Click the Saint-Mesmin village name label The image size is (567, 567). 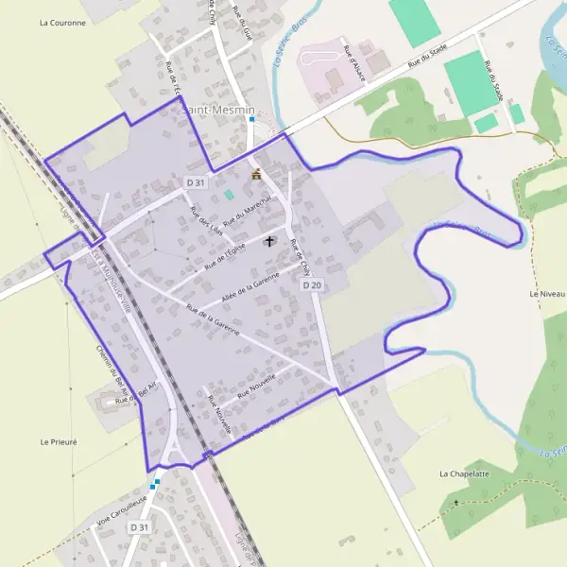(216, 110)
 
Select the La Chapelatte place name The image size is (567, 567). (464, 472)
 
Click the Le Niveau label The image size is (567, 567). (547, 295)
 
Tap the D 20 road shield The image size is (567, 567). (312, 284)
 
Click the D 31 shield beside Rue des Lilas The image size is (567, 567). (196, 182)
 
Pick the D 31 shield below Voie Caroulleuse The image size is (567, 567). (140, 526)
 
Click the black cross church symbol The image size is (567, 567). (269, 241)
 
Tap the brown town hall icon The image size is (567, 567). (255, 174)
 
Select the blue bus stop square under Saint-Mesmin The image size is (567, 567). (252, 120)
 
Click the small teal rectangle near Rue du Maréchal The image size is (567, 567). (228, 195)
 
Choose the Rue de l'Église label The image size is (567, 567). (223, 254)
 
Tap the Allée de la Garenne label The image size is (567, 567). (249, 287)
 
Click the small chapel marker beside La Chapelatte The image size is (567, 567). (455, 502)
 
